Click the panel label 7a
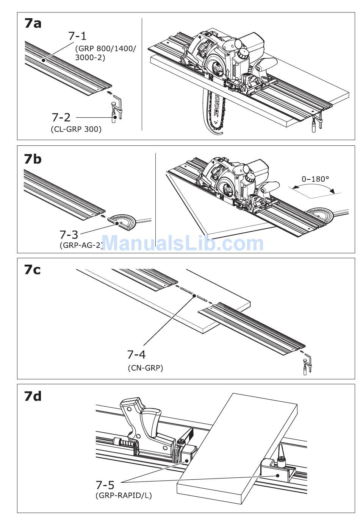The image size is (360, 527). [33, 23]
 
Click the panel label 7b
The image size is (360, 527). [33, 159]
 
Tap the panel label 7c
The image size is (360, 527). [32, 270]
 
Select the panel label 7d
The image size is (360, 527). [33, 396]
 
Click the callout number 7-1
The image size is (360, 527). [77, 36]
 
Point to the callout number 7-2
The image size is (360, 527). [61, 117]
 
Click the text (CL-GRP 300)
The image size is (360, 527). [76, 129]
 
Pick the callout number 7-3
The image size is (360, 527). [69, 234]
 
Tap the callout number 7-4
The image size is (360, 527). [136, 355]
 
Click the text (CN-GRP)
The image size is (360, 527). [146, 367]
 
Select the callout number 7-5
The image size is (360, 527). [105, 484]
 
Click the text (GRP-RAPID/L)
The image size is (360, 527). [124, 495]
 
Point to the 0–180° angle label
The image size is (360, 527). [315, 179]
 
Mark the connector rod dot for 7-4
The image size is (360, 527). [194, 295]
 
